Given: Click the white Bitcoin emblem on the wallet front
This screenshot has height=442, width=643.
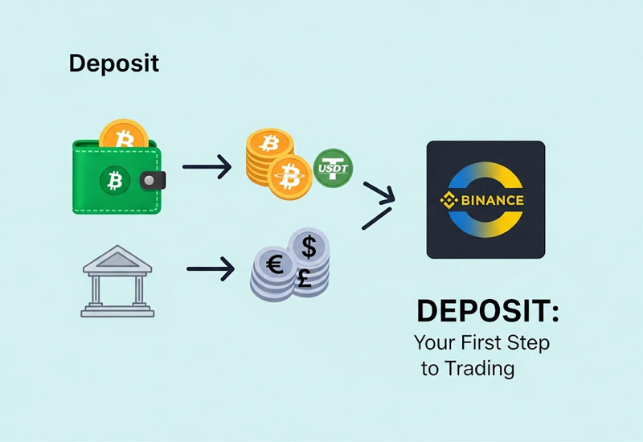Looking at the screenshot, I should coord(114,180).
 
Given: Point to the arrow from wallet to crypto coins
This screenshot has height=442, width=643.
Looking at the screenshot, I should coord(207,167).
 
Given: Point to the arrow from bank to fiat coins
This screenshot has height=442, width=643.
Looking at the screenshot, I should coord(211,269).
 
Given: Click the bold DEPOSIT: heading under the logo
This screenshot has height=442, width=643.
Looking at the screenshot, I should coord(488,312).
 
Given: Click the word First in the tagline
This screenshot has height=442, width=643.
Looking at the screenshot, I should coord(481,342).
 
